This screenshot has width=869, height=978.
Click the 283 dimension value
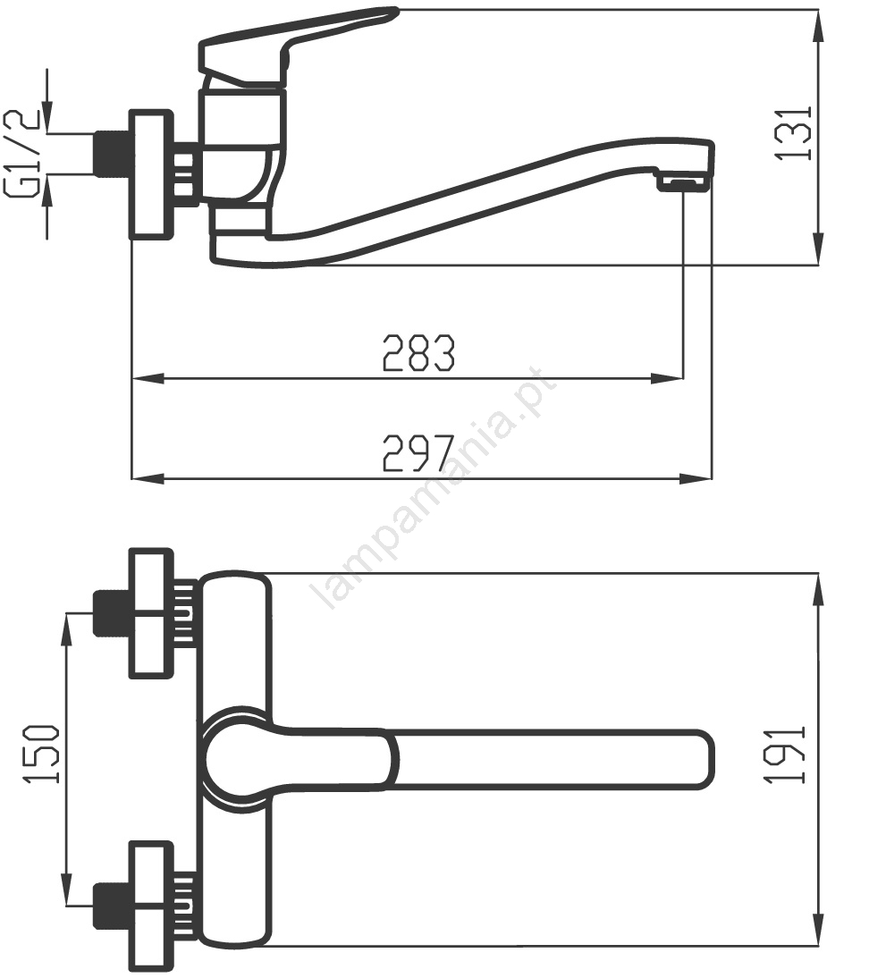[418, 353]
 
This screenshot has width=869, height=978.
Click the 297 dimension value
[418, 453]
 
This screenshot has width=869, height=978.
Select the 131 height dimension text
[794, 133]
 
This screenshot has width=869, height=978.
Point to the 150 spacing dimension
[42, 754]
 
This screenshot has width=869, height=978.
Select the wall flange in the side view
[150, 174]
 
